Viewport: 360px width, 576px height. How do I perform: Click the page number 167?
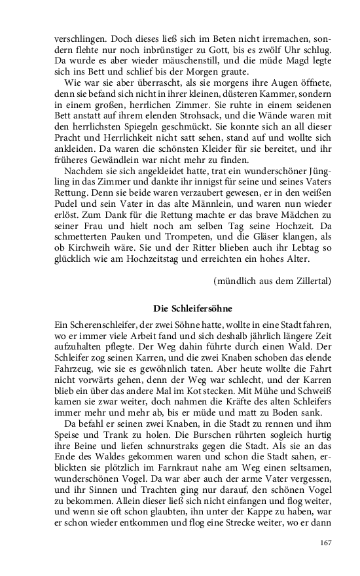tap(325, 543)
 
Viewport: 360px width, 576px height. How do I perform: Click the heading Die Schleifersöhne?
tap(193, 308)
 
